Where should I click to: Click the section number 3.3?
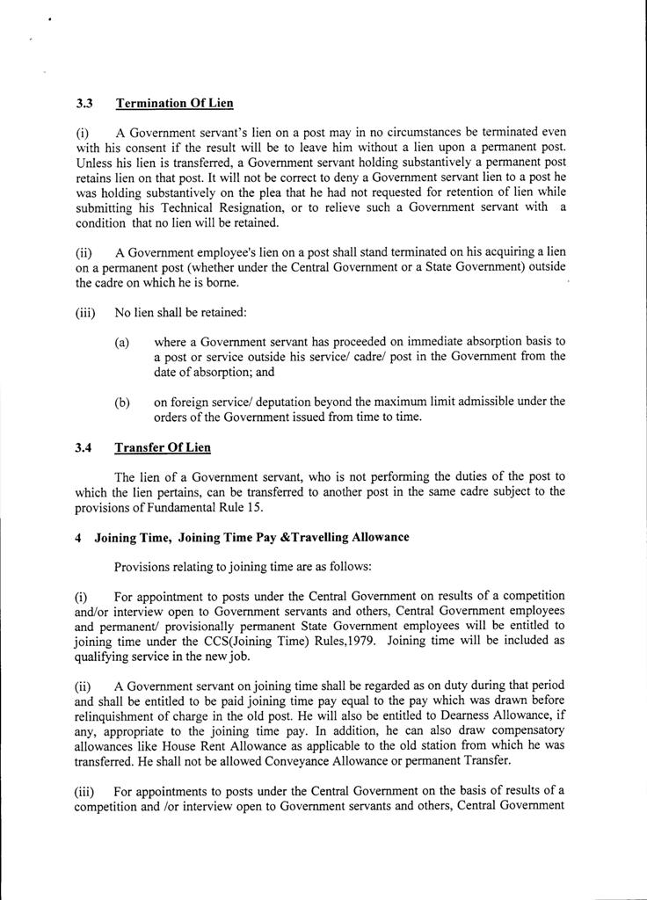[x=84, y=103]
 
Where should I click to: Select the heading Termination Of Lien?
[x=174, y=103]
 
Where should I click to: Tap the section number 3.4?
[x=84, y=447]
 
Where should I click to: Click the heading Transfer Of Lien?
[x=163, y=447]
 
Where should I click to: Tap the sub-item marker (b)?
[x=122, y=402]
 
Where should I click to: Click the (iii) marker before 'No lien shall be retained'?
[x=86, y=312]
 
